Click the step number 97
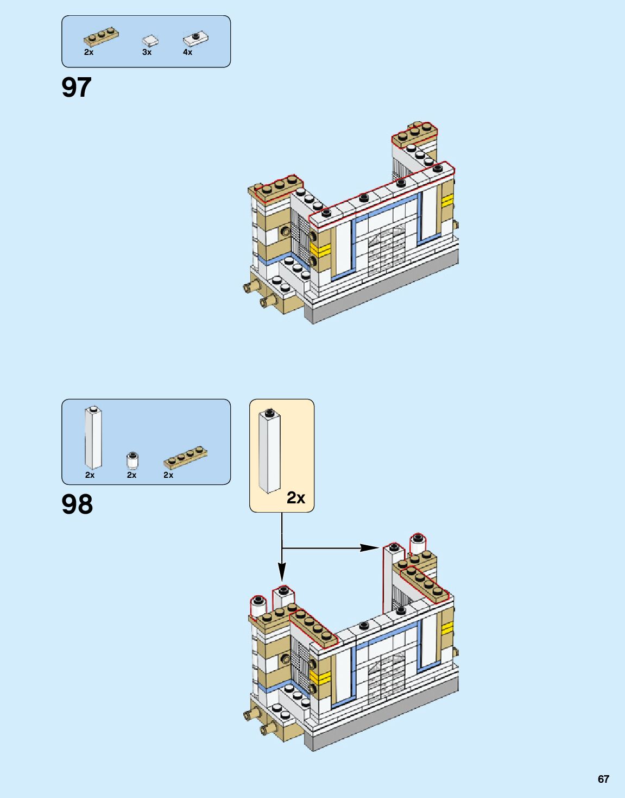(77, 88)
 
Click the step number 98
(77, 504)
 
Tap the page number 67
(603, 779)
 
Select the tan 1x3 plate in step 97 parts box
(101, 37)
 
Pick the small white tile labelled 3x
(150, 41)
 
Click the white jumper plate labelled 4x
(195, 38)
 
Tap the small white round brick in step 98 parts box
(132, 460)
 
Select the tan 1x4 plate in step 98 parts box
(185, 457)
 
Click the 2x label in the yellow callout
(296, 497)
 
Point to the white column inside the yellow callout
(270, 451)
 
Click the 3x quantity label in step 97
(147, 52)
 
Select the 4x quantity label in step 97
(187, 52)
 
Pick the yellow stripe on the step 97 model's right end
(447, 201)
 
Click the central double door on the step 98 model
(387, 676)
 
